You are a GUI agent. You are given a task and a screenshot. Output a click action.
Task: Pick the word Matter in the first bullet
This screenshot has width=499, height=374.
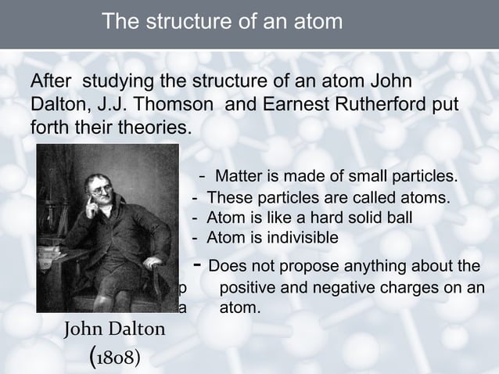click(238, 174)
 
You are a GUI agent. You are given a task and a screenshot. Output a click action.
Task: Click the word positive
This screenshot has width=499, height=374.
click(251, 287)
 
